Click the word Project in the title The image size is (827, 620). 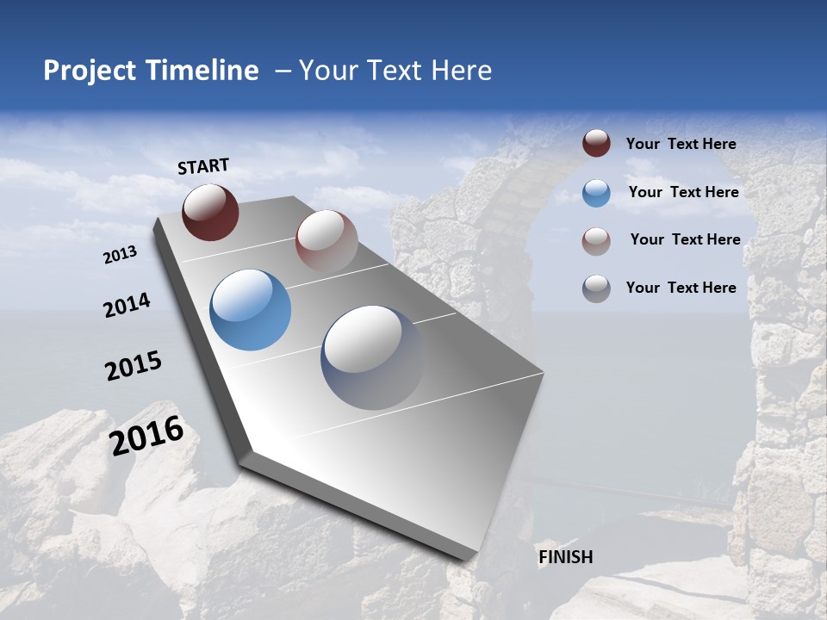[84, 71]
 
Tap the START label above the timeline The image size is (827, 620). [203, 166]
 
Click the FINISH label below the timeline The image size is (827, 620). [565, 557]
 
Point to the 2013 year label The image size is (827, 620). [120, 255]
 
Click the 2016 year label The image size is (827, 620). [146, 436]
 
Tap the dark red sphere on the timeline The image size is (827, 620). [210, 212]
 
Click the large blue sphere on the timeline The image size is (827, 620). [251, 310]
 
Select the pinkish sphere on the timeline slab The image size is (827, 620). [326, 241]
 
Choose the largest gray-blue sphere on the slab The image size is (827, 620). [373, 357]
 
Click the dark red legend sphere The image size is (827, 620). [596, 144]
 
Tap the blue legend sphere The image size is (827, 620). [596, 193]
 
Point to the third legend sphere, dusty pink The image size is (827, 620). [596, 240]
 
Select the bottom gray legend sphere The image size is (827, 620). [596, 288]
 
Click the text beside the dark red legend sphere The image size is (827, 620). [681, 145]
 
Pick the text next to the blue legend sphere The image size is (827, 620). [683, 192]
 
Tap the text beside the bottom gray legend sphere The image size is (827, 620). [681, 288]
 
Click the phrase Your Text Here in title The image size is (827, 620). [395, 71]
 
